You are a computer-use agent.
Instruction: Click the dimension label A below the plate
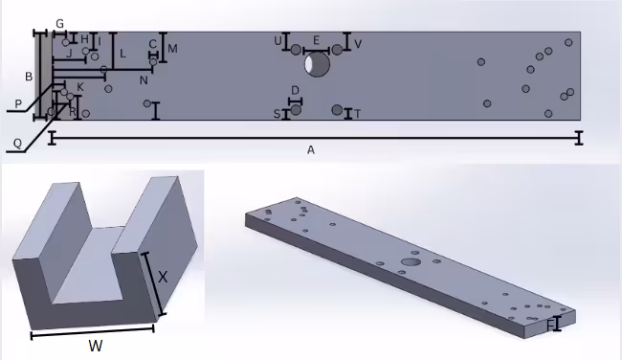coord(311,150)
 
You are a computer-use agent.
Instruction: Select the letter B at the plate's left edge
coord(29,76)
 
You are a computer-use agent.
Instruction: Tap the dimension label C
coord(152,43)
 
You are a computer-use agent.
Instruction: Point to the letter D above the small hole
coord(295,90)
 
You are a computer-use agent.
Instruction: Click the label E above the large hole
coord(316,41)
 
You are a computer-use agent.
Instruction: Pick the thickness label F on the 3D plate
coord(550,326)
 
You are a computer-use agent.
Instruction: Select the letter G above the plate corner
coord(59,22)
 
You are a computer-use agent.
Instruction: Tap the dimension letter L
coord(122,53)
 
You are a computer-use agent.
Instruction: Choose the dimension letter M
coord(172,48)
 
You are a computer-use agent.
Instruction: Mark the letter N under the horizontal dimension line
coord(144,79)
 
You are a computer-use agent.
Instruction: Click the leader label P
coord(18,103)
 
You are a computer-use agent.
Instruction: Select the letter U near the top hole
coord(278,41)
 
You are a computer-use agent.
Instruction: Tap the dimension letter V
coord(358,44)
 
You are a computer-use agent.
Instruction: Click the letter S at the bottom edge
coord(278,114)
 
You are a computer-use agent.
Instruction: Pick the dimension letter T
coord(357,114)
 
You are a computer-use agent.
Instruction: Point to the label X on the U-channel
coord(163,277)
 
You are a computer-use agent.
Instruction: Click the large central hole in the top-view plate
coord(317,65)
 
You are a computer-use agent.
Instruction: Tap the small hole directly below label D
coord(296,109)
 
